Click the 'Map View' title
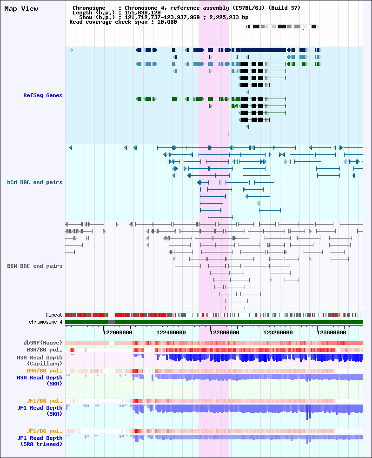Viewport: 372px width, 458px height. [x=21, y=9]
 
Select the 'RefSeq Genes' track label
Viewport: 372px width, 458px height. [x=43, y=95]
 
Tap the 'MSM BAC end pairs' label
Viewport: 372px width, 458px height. [x=35, y=182]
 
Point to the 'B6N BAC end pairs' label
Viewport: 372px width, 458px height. [x=35, y=266]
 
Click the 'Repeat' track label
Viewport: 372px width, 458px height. [x=54, y=315]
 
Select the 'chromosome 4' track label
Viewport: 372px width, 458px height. [x=46, y=322]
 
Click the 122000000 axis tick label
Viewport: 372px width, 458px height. [x=117, y=332]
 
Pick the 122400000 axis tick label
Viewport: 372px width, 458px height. [x=171, y=332]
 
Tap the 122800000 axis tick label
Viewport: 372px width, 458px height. [x=225, y=332]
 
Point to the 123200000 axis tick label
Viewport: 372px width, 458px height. [x=278, y=332]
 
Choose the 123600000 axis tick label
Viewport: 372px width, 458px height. [x=332, y=332]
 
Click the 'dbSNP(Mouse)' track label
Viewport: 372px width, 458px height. [x=43, y=343]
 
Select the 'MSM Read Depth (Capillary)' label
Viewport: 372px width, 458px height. [x=40, y=360]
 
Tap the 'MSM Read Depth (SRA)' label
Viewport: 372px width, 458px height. [x=40, y=381]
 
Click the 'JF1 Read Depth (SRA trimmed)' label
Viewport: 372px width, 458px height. [x=40, y=441]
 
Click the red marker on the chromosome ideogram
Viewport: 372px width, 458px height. [x=303, y=27]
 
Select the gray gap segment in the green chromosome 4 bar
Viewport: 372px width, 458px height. [x=111, y=322]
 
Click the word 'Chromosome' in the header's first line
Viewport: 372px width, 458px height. [x=89, y=8]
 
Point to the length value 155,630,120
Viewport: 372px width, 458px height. [x=142, y=13]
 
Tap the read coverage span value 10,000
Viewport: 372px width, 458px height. [x=167, y=22]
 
